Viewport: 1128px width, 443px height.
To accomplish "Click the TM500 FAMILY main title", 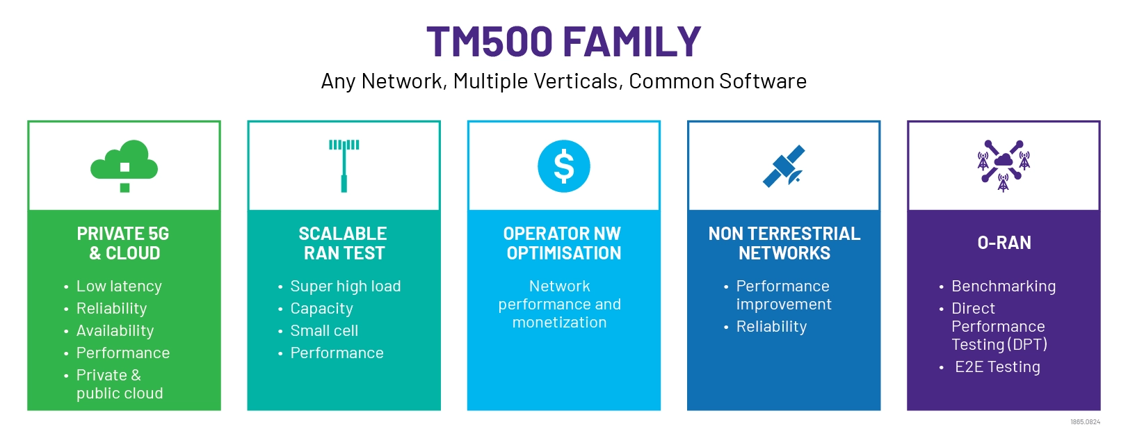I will pyautogui.click(x=563, y=42).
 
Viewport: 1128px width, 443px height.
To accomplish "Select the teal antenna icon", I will pyautogui.click(x=344, y=166).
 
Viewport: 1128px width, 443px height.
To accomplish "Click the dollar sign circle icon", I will pyautogui.click(x=564, y=166).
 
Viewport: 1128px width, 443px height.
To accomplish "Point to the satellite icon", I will pyautogui.click(x=784, y=166).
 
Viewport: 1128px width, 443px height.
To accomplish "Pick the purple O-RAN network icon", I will pyautogui.click(x=1004, y=166).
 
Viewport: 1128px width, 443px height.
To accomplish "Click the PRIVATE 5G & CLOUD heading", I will pyautogui.click(x=124, y=243).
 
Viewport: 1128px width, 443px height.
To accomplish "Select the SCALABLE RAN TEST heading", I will pyautogui.click(x=344, y=243).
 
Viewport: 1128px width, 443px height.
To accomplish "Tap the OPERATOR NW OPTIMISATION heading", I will pyautogui.click(x=563, y=243).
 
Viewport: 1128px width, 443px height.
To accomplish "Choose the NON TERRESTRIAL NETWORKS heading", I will pyautogui.click(x=784, y=243).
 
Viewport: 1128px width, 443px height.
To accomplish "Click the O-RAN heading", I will pyautogui.click(x=1004, y=243).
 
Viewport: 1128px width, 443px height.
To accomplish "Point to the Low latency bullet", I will pyautogui.click(x=119, y=287).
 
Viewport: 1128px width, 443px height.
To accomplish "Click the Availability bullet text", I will pyautogui.click(x=115, y=331).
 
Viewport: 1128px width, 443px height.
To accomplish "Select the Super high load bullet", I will pyautogui.click(x=345, y=287).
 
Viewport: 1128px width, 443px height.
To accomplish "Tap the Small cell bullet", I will pyautogui.click(x=324, y=331).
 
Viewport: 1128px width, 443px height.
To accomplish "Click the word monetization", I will pyautogui.click(x=559, y=323).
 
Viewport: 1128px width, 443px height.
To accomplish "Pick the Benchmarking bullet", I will pyautogui.click(x=1003, y=287).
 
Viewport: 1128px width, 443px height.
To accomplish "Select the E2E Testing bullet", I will pyautogui.click(x=997, y=367).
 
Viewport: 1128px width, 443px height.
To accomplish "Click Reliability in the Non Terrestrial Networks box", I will pyautogui.click(x=771, y=327).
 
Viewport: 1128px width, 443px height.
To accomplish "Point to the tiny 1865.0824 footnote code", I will pyautogui.click(x=1085, y=422).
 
